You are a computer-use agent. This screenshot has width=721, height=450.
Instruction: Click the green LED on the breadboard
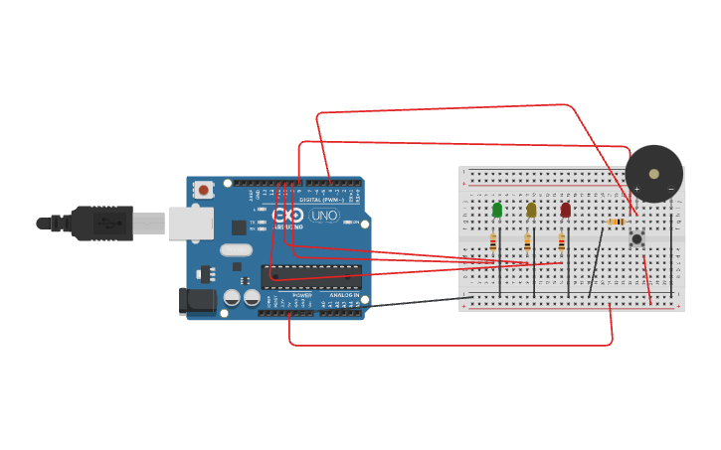point(497,210)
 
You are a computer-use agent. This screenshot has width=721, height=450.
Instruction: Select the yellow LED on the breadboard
point(531,210)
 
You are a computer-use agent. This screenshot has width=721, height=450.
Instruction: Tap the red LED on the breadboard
point(566,210)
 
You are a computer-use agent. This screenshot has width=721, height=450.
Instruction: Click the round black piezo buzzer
point(653,174)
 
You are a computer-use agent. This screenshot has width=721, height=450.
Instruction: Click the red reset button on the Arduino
point(204,189)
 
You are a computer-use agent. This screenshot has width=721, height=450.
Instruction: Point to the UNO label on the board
point(324,216)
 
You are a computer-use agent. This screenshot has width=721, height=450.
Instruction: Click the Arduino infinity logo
point(288,216)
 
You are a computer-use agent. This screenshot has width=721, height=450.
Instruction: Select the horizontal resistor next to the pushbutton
point(616,221)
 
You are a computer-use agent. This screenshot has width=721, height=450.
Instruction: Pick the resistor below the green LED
point(493,241)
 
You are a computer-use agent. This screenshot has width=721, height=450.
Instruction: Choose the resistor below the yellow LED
point(527,241)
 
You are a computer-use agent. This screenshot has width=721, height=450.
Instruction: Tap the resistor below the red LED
point(561,241)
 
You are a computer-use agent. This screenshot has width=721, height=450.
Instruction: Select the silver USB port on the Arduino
point(190,224)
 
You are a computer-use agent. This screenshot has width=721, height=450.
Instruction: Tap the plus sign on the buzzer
point(636,189)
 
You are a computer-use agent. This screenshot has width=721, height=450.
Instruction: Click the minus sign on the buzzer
point(670,189)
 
